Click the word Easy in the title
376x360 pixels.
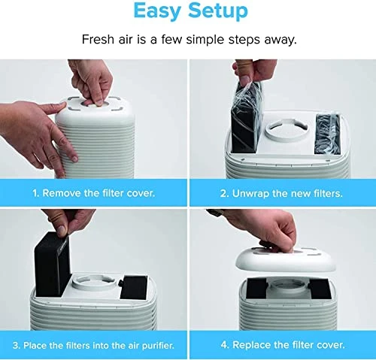coord(157,11)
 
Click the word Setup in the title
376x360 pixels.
coord(218,11)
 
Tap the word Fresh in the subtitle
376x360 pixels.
coord(98,39)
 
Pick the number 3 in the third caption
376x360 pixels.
coord(16,346)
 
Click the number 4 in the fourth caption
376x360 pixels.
coord(224,345)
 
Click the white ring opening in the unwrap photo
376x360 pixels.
coord(287,129)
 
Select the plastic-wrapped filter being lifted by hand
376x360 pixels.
coord(246,117)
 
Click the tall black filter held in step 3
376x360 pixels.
coord(52,264)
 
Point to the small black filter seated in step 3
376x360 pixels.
coord(134,288)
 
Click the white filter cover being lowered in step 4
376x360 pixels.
coord(286,260)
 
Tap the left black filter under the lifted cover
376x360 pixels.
coord(256,288)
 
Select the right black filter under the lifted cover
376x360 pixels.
coord(320,289)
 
